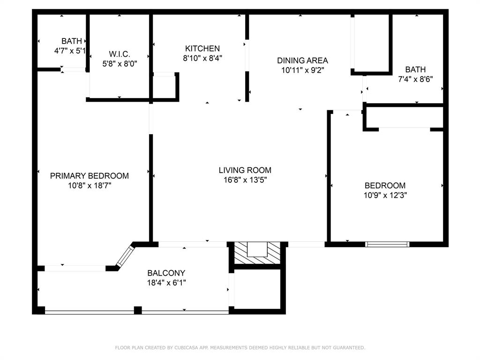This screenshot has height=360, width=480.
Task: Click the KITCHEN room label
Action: [x=202, y=48]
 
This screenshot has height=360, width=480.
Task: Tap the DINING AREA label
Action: [x=302, y=60]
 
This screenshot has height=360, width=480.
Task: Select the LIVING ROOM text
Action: [x=245, y=170]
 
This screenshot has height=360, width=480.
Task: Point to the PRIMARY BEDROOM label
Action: [x=90, y=176]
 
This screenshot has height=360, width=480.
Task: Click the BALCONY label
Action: [x=166, y=273]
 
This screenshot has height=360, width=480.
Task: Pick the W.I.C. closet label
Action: [x=120, y=54]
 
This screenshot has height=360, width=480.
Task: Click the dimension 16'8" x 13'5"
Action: [x=245, y=180]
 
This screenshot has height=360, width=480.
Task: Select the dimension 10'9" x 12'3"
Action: [x=385, y=195]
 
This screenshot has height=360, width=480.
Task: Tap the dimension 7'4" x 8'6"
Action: [x=415, y=79]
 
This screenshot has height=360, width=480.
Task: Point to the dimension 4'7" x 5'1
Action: [x=70, y=51]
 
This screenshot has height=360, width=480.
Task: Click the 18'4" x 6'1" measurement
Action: [x=166, y=283]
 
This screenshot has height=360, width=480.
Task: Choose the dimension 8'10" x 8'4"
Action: [x=202, y=58]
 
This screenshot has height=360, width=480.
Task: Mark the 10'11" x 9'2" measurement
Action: [x=303, y=70]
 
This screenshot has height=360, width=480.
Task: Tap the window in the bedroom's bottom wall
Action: [x=387, y=244]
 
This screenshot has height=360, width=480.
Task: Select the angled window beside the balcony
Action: [x=125, y=256]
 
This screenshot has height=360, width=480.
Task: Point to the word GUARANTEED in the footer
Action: [x=349, y=347]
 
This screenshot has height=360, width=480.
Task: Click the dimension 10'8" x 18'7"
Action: [x=90, y=186]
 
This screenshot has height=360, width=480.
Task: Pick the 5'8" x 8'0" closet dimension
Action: [x=120, y=64]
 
